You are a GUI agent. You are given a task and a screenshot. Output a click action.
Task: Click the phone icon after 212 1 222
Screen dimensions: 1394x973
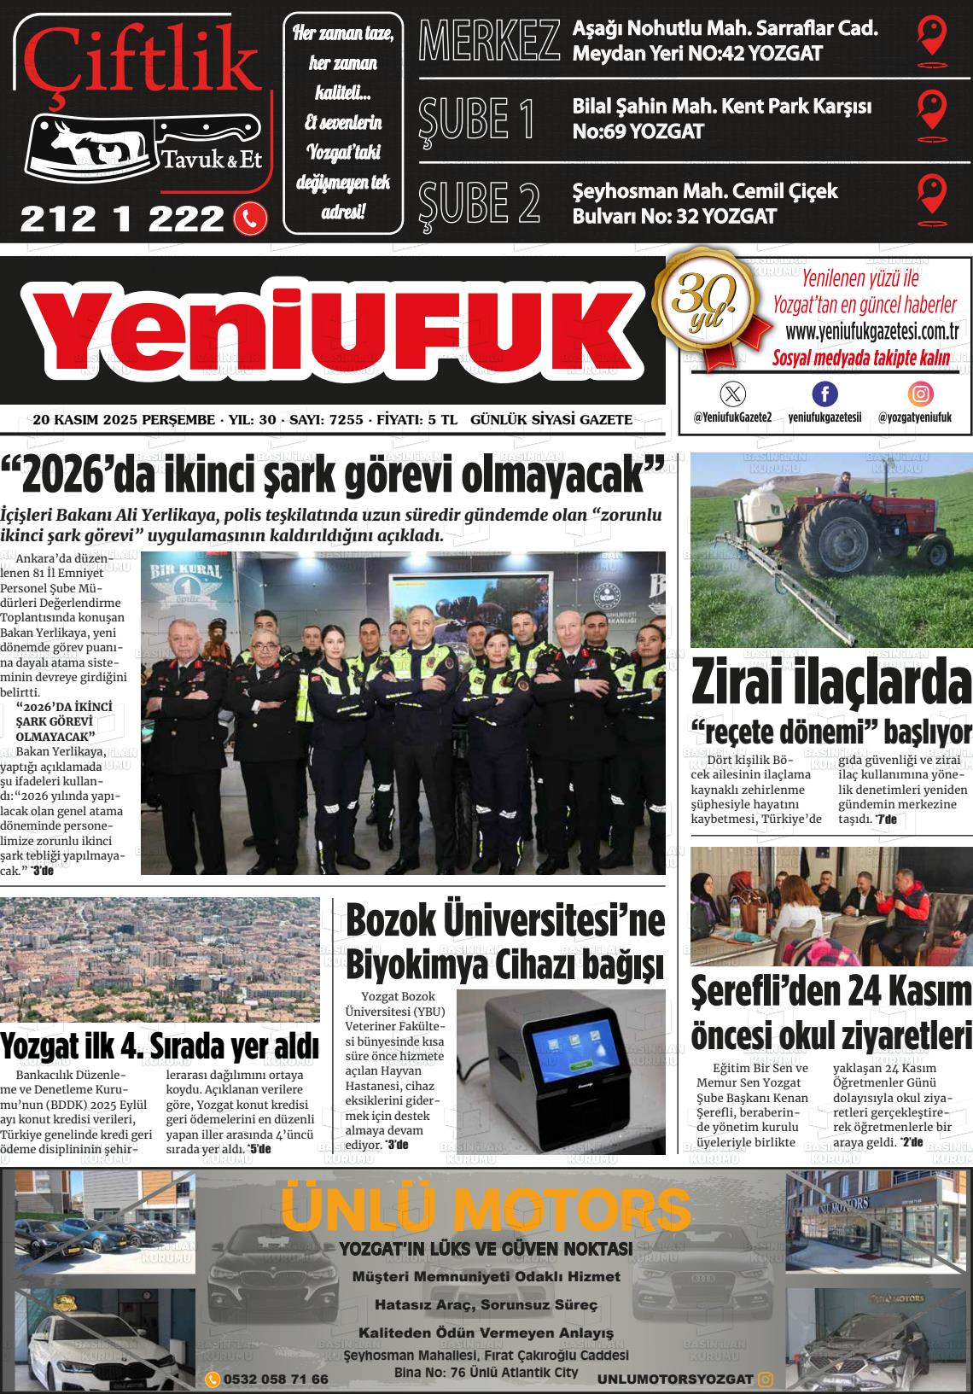[250, 219]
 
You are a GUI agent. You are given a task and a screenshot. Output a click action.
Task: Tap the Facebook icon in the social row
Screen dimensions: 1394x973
[824, 394]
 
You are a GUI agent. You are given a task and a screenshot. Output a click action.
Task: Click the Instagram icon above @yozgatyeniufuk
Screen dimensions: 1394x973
[920, 394]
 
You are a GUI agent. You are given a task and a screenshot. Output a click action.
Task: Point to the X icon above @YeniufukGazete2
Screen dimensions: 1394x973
[732, 394]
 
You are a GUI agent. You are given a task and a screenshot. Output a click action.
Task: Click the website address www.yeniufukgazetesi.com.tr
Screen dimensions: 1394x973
[871, 331]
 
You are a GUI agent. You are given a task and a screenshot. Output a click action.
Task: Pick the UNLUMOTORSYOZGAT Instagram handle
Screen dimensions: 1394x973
[675, 1379]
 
